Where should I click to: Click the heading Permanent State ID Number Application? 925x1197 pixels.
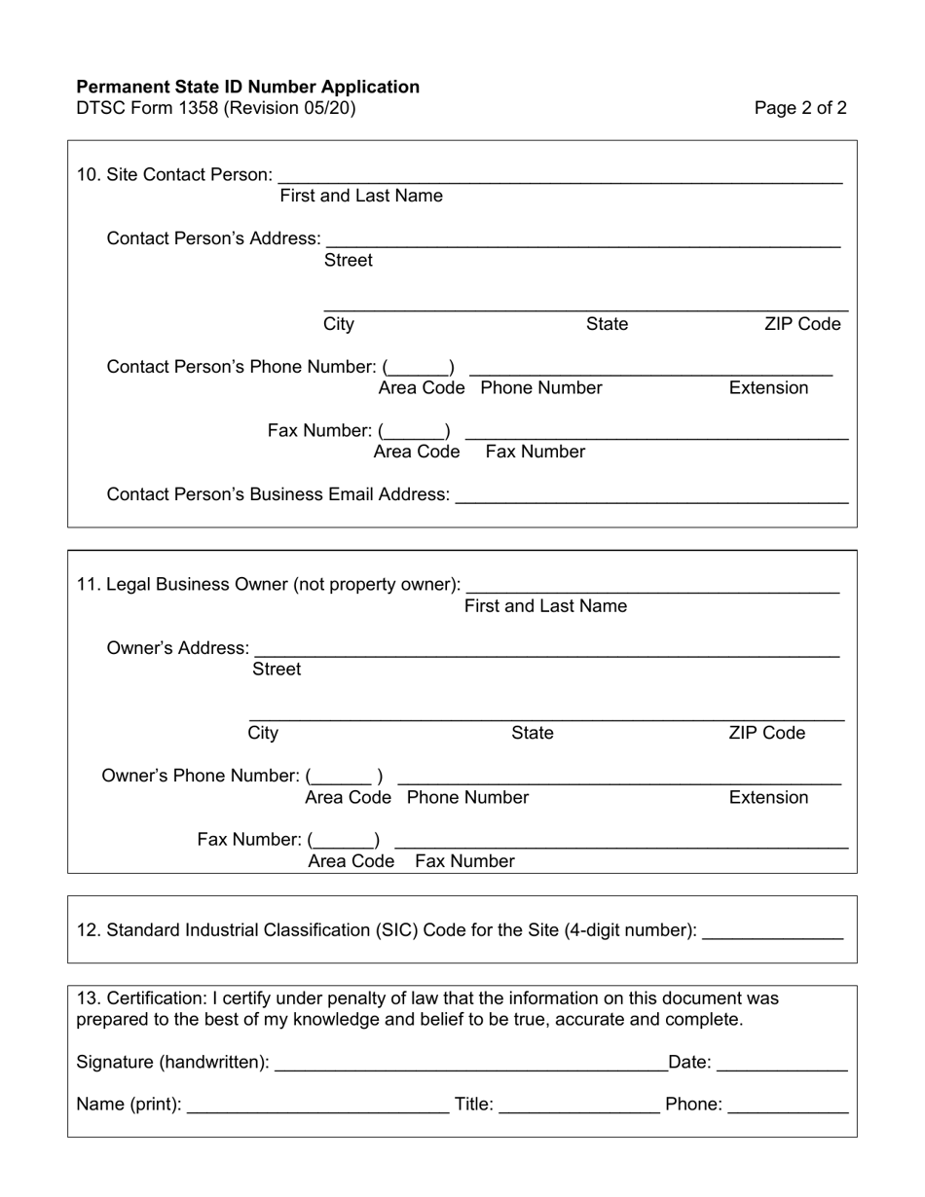click(x=247, y=87)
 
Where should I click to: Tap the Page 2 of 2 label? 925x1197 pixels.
click(x=800, y=108)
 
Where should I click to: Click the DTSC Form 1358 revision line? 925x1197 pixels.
click(x=216, y=108)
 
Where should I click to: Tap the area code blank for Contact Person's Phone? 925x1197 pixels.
click(x=419, y=367)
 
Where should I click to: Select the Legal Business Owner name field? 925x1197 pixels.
click(x=652, y=585)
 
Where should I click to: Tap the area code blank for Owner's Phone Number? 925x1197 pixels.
click(x=345, y=777)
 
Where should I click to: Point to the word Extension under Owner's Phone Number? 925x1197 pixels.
click(x=768, y=798)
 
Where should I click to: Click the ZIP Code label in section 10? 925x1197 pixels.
click(x=802, y=324)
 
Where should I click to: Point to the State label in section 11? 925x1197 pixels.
click(x=533, y=733)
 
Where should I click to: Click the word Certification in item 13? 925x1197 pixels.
click(x=148, y=998)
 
